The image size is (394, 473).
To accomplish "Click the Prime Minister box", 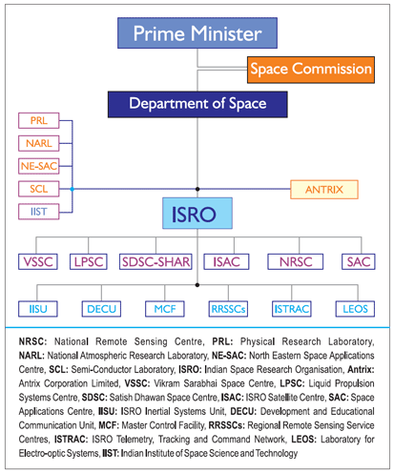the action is (197, 33).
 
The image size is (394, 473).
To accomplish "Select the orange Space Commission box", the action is (311, 70).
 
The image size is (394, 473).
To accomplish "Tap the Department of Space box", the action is (197, 105).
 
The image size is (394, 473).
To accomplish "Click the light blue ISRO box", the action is (197, 214).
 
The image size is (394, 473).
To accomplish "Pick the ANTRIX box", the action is (324, 190).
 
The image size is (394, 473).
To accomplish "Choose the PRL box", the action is (39, 121).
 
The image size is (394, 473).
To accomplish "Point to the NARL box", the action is (39, 143).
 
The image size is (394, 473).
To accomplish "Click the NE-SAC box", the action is (39, 166).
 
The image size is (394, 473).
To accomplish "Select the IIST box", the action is (39, 212).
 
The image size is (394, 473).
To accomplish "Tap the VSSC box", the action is (38, 262).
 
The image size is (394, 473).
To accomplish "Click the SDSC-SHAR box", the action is (156, 262).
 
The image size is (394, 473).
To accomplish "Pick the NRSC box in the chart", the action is (296, 262).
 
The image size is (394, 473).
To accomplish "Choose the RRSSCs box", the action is (228, 309).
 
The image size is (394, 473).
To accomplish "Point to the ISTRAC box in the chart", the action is (292, 309).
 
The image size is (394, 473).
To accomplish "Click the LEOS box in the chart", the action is (355, 309).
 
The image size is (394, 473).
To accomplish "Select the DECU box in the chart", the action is (101, 309).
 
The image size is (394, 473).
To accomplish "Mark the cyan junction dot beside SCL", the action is (73, 189).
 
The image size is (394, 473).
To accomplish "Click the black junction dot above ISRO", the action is (197, 189).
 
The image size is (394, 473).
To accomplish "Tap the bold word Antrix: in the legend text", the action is (361, 369).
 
